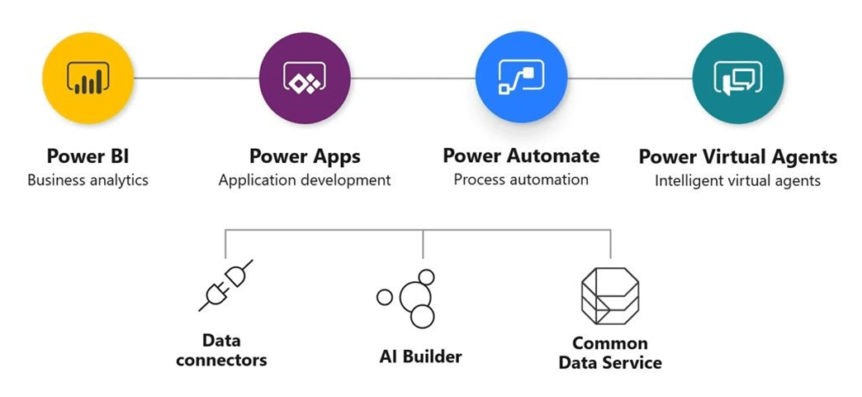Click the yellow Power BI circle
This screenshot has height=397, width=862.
88,78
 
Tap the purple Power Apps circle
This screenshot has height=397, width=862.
305,78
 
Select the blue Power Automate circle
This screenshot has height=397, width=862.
521,77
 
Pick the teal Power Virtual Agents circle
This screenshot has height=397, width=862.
738,78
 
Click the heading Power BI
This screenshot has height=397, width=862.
88,155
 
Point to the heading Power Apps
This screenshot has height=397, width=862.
305,156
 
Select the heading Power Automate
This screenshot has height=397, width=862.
521,155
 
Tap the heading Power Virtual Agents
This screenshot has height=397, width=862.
738,157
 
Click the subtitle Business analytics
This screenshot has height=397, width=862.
88,180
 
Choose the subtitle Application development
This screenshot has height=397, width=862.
305,180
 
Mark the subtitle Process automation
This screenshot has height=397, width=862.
521,179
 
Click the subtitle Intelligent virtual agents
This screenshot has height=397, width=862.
738,180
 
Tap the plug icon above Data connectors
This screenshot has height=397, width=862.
225,286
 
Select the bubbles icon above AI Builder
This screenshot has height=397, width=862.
408,298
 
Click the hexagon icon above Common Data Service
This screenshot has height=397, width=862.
610,296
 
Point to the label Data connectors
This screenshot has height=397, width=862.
221,350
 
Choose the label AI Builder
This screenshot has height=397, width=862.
420,356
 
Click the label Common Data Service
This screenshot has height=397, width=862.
610,353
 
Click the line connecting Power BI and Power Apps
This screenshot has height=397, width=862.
197,78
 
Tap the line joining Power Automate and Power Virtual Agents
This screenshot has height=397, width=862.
630,78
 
